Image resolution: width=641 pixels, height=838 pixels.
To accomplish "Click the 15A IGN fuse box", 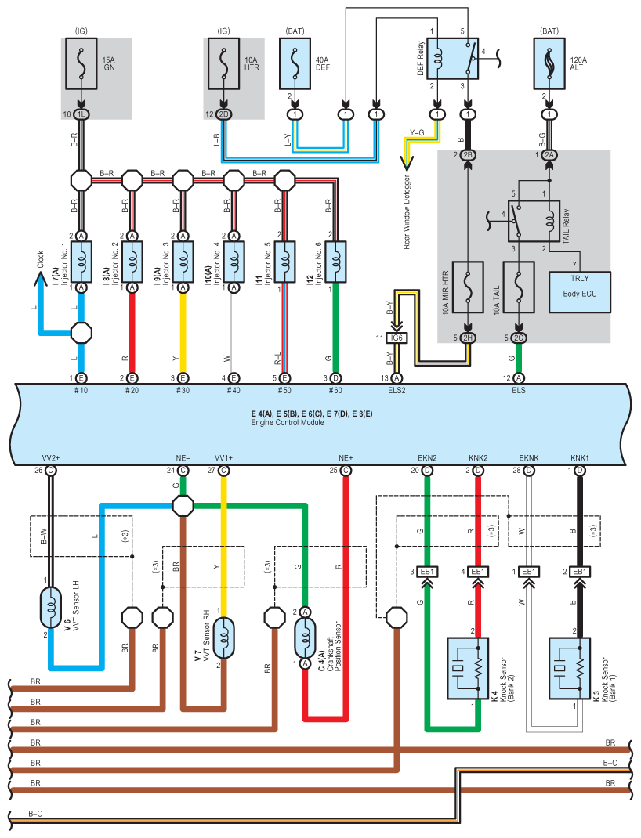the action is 81,63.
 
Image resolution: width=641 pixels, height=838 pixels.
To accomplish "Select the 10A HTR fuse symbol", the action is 223,63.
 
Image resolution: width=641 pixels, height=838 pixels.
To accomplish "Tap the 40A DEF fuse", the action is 295,63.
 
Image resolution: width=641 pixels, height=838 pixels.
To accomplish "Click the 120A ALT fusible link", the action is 549,63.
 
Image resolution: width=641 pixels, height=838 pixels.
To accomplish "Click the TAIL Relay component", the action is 534,221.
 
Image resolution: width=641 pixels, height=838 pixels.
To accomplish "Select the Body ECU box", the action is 580,292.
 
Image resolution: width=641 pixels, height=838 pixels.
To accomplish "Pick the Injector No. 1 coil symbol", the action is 81,262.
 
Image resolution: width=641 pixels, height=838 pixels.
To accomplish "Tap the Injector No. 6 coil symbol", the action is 335,262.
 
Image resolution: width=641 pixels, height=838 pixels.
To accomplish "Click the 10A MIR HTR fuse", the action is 468,287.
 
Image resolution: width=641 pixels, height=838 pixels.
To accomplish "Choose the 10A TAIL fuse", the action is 519,287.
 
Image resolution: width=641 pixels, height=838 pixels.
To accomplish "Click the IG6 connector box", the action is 397,338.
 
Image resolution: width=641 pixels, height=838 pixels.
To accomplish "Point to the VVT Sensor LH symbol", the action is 51,608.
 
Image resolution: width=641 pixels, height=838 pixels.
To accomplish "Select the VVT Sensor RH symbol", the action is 224,638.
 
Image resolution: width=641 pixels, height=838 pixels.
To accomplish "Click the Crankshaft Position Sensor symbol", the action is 305,638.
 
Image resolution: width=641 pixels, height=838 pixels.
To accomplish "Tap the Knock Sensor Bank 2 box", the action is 468,668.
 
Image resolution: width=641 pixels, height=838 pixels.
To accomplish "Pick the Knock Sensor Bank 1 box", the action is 570,668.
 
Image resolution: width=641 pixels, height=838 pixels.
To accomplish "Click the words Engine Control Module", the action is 288,422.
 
